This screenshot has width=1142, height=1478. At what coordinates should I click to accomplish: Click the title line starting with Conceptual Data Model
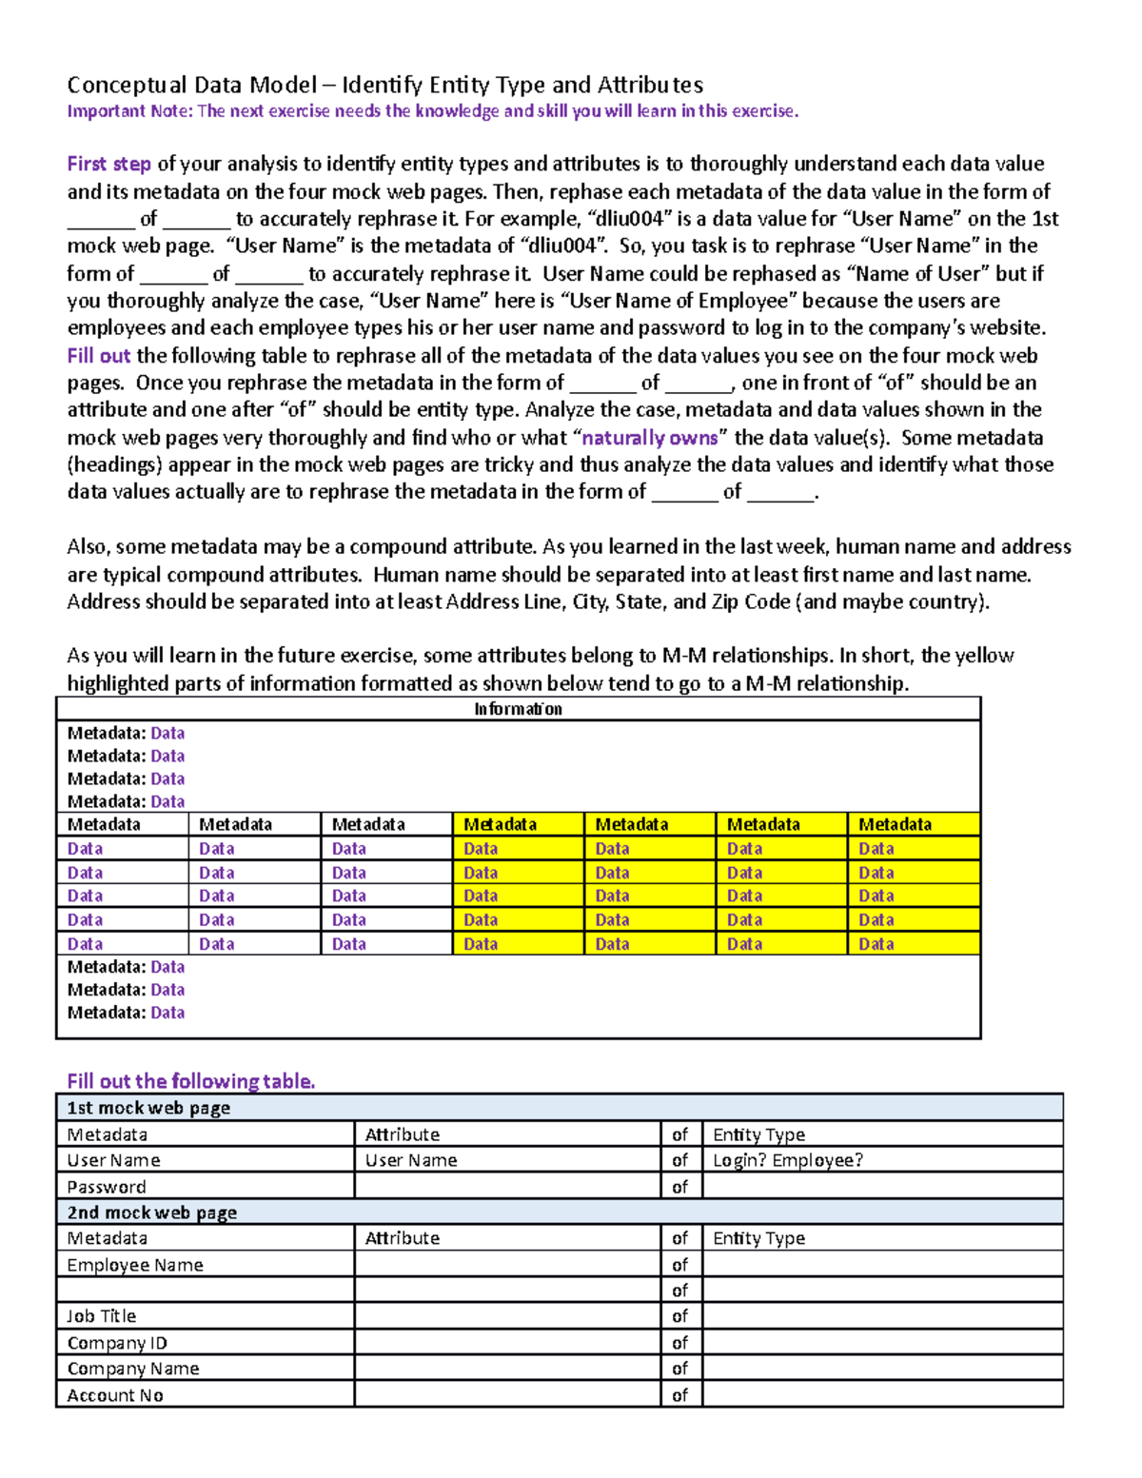coord(384,85)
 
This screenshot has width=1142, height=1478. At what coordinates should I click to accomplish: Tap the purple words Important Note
coord(129,111)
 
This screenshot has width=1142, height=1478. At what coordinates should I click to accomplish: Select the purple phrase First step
coord(108,164)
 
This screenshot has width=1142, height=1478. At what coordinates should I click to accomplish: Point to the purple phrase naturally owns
coord(649,438)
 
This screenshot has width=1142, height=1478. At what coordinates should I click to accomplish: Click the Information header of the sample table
coord(518,709)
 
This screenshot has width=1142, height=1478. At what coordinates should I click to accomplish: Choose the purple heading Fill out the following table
coord(190,1081)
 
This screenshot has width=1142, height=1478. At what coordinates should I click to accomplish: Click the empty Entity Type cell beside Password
coord(881,1187)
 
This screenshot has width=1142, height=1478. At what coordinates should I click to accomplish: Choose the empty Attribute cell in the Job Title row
coord(507,1316)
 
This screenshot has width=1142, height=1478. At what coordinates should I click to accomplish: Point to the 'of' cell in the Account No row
coord(679,1395)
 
